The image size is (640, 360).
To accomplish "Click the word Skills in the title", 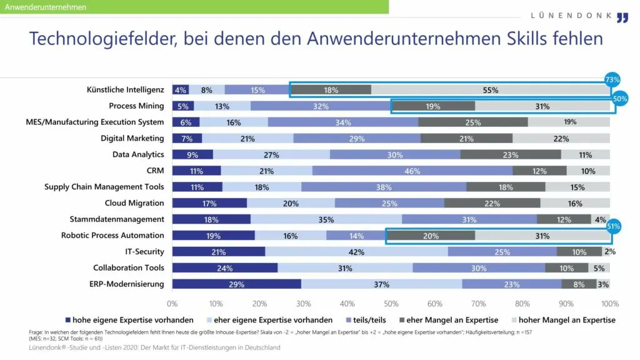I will pos(519,38).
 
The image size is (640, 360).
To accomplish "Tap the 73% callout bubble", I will pos(612,79).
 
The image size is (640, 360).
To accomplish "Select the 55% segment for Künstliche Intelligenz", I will pos(491,90).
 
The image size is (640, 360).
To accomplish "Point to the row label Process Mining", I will pos(136,106).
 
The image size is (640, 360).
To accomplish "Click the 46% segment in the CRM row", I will pos(412,171).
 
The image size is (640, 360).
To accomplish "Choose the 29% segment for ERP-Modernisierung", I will pos(236,284).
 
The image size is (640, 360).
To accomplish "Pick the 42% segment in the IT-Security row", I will pos(356,252).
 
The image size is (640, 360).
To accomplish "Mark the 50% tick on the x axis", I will pos(391,304).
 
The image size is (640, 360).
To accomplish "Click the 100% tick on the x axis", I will pos(609,304).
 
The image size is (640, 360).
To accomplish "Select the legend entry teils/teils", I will pos(371,320).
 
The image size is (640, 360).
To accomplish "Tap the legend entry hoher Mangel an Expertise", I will pos(570,320).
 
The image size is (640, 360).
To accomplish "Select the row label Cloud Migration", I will pos(134,203).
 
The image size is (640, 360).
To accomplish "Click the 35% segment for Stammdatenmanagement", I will pos(326,219).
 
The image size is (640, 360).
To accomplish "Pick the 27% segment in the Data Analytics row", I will pos(271,154).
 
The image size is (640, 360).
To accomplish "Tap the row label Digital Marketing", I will pos(132,138).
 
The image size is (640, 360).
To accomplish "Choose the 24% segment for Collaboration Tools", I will pos(224,268).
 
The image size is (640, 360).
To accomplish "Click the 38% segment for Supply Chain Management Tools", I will pos(384,187).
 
